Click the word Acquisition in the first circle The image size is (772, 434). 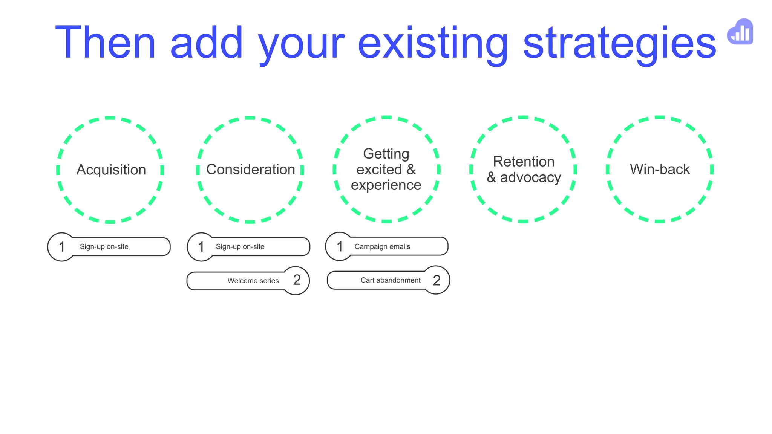(111, 170)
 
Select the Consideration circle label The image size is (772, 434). (251, 170)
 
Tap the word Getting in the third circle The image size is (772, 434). (386, 154)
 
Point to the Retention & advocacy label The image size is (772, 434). (524, 170)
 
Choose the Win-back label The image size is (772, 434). (660, 169)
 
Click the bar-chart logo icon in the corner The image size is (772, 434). (741, 32)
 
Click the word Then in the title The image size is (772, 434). (105, 43)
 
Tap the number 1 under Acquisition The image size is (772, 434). (62, 247)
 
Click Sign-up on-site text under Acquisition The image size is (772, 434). (104, 247)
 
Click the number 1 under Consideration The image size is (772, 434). (201, 247)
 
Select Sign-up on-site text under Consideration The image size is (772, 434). (240, 247)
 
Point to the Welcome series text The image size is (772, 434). (253, 281)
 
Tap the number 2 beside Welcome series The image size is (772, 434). (297, 280)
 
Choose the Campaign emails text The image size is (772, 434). (382, 246)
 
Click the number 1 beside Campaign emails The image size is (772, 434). (340, 246)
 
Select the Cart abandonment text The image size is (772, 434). (391, 280)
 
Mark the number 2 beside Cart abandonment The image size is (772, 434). (437, 280)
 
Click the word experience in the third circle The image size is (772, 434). (386, 185)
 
